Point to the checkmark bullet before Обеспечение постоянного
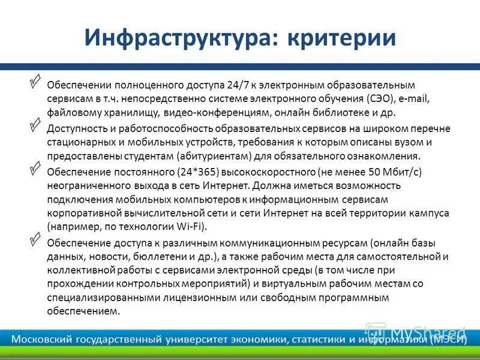(x=35, y=167)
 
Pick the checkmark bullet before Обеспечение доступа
(x=35, y=239)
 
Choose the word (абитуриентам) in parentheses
(x=212, y=155)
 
